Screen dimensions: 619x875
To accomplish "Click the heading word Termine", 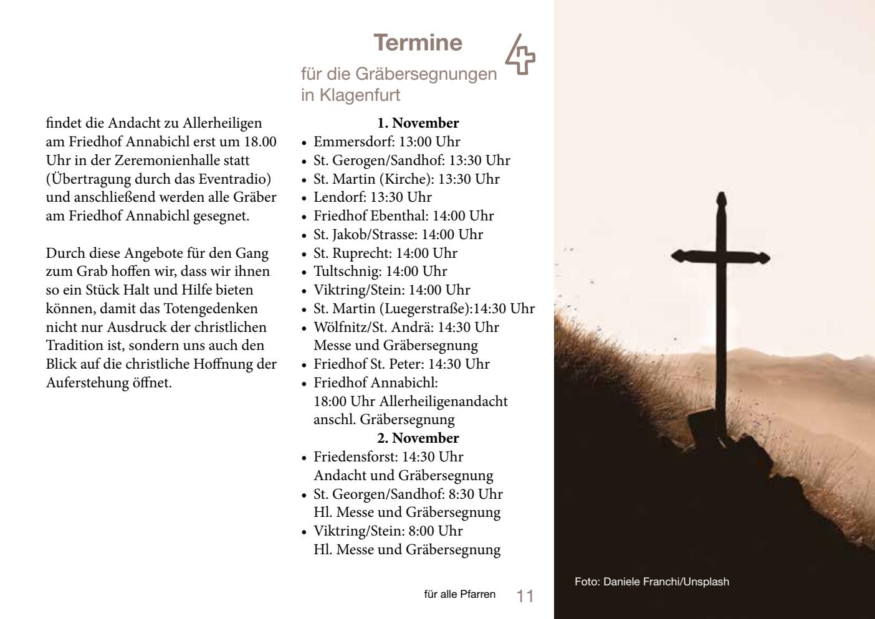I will pos(418,42).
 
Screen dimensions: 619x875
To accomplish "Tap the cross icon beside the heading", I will pos(520,55).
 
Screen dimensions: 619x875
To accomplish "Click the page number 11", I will pos(525,596).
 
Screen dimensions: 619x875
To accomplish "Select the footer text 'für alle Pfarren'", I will pos(459,594).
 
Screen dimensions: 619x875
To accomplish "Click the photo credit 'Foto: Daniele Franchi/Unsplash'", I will pos(651,582).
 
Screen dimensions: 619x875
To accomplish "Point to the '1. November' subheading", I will pos(418,123).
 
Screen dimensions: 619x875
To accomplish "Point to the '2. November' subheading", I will pos(418,438).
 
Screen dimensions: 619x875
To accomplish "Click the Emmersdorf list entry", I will pos(386,142).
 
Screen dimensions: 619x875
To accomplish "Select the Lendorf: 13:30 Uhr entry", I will pos(372,197).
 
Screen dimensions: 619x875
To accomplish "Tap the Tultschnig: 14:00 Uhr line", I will pos(380,272).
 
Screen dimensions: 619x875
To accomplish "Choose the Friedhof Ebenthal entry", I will pos(403,216).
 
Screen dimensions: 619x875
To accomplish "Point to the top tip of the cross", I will pos(721,196).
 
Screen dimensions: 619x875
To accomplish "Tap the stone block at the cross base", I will pos(704,427).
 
